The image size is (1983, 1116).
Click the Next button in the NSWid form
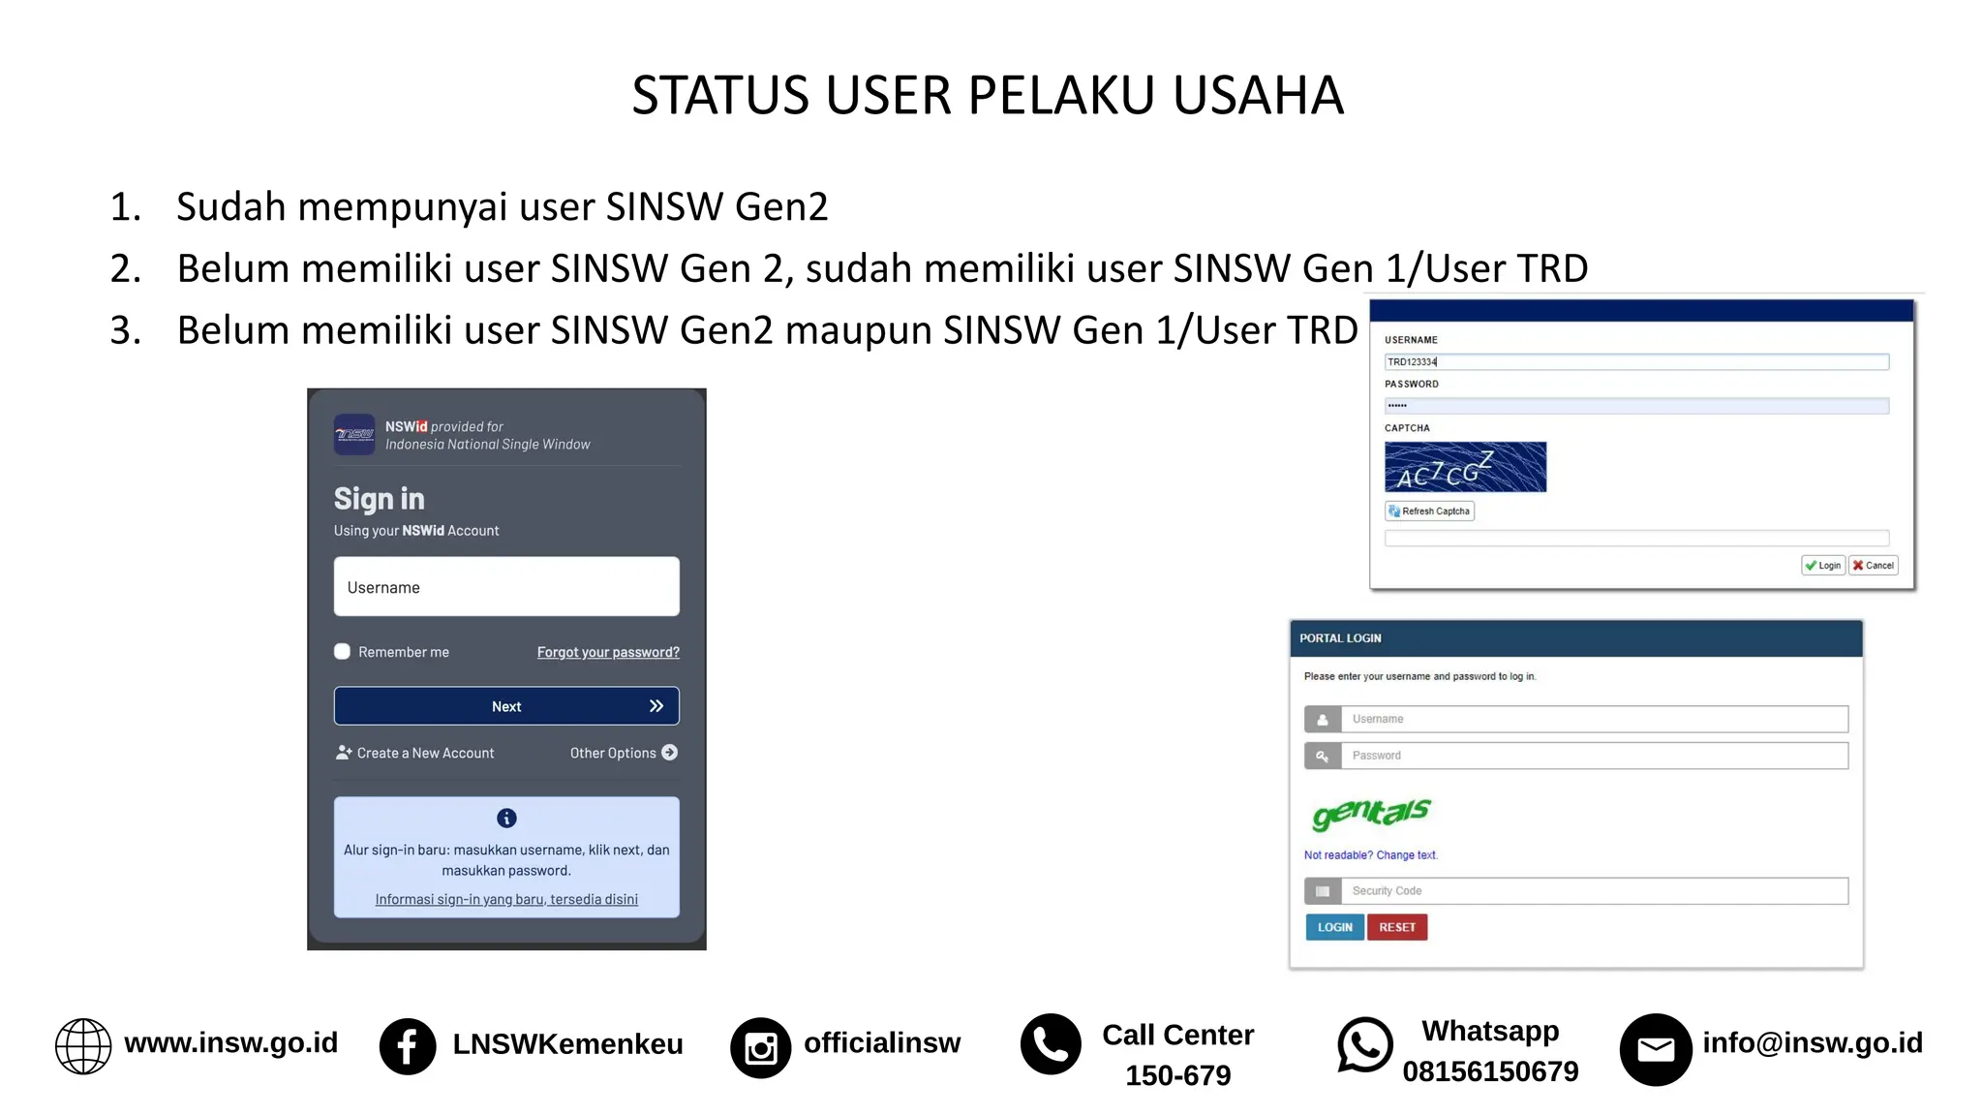coord(506,706)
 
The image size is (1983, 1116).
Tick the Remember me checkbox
coord(343,652)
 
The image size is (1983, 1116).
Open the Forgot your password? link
coord(608,652)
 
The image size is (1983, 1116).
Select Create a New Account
coord(415,753)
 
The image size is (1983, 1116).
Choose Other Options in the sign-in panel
coord(624,753)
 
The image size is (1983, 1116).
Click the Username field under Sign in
coord(506,587)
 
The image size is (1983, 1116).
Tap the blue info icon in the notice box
coord(506,819)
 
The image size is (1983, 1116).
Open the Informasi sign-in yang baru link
coord(506,899)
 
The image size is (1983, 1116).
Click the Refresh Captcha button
coord(1429,511)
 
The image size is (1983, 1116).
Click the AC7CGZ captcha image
coord(1465,467)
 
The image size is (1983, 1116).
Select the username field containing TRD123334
coord(1636,362)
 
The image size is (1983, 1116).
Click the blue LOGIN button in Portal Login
coord(1334,927)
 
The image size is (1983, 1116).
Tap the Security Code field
coord(1594,891)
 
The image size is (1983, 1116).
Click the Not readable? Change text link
coord(1370,855)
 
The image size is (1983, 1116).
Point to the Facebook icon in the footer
coord(408,1046)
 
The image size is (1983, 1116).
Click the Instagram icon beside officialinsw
coord(760,1047)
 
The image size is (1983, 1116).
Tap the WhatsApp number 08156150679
coord(1490,1071)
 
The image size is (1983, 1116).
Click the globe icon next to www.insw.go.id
coord(83,1046)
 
